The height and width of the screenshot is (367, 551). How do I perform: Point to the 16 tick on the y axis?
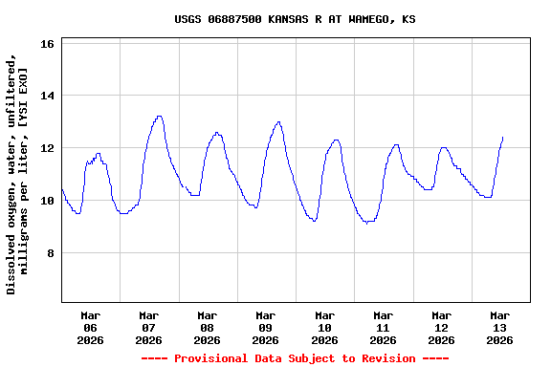tap(49, 44)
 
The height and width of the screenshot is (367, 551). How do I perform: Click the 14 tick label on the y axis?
tap(49, 97)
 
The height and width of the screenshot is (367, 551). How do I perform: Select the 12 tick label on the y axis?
tap(49, 149)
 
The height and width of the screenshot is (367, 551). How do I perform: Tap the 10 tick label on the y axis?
tap(49, 201)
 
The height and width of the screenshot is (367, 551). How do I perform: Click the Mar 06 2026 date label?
tap(91, 327)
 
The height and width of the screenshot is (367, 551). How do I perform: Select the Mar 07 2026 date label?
tap(149, 327)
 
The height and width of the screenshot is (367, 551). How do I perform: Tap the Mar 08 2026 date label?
tap(208, 327)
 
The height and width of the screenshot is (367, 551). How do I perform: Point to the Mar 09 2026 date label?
tap(266, 327)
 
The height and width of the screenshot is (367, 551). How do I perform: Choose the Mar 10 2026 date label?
tap(324, 327)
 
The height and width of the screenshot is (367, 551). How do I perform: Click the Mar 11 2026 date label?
tap(383, 327)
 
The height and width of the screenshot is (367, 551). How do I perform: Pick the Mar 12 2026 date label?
tap(441, 327)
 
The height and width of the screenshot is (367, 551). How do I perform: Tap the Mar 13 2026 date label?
tap(499, 327)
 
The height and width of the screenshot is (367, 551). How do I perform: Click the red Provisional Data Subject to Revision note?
tap(295, 358)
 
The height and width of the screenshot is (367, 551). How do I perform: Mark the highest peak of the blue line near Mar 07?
tap(160, 117)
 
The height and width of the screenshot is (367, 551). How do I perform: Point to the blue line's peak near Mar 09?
tap(278, 121)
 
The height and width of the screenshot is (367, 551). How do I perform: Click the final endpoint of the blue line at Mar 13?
tap(502, 138)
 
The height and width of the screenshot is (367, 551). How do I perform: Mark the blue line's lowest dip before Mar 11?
tap(367, 223)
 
